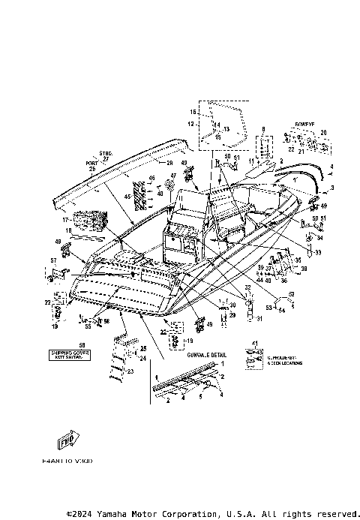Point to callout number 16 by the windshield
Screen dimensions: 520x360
(192, 111)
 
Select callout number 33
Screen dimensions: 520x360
(316, 253)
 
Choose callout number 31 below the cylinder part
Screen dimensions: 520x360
(238, 319)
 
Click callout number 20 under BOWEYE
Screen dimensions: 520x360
(323, 133)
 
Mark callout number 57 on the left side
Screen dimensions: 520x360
(53, 260)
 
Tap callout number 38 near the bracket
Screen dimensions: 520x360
(304, 268)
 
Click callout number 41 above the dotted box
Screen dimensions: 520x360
(254, 344)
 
